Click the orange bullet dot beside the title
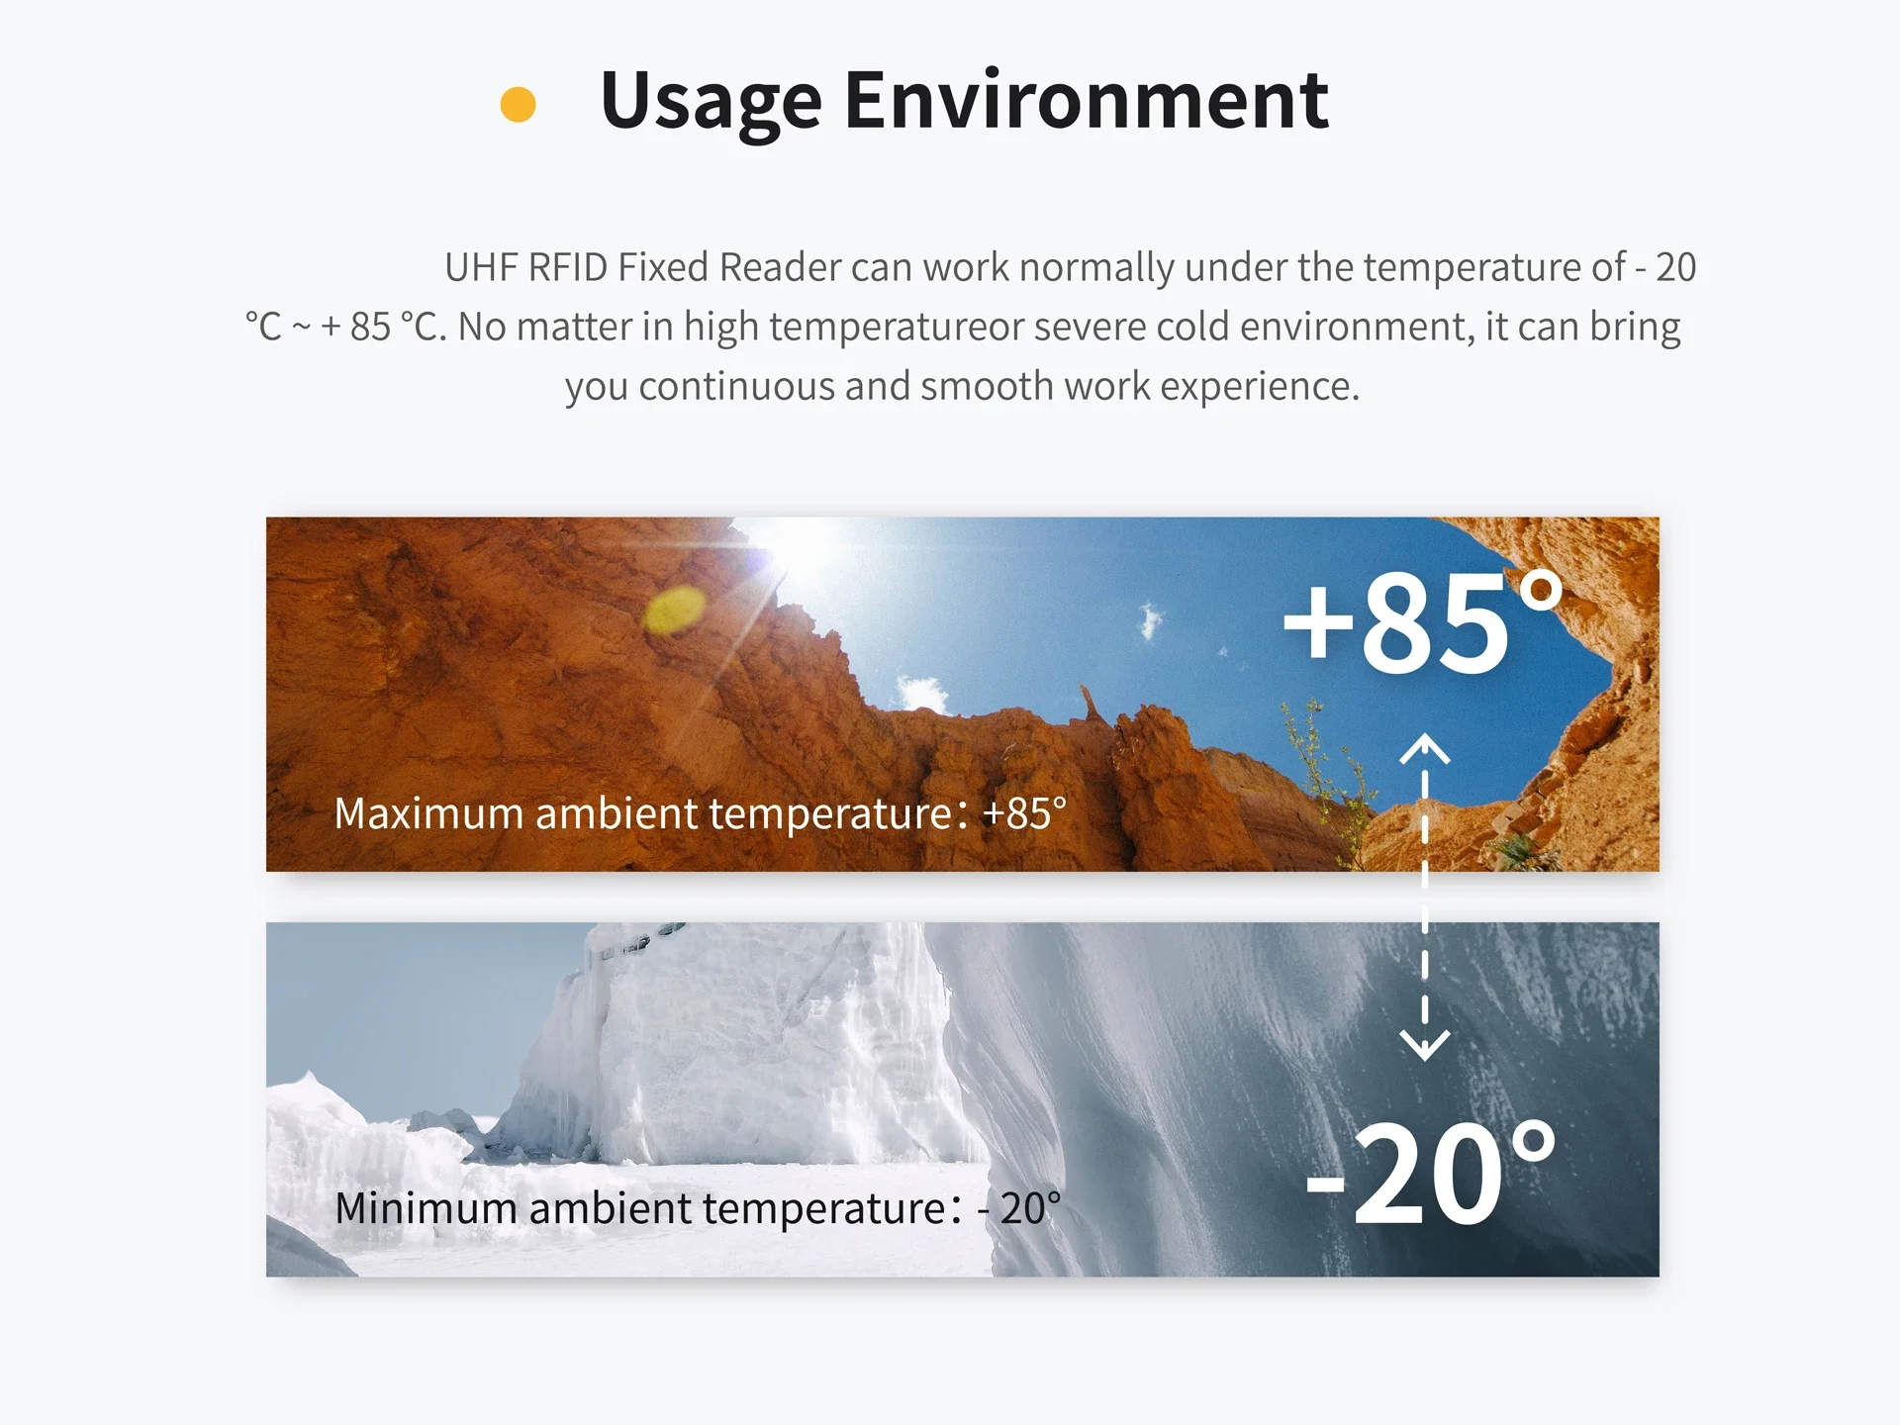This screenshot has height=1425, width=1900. coord(518,104)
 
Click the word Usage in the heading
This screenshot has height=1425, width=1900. coord(711,102)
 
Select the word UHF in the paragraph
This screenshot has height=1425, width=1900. coord(480,267)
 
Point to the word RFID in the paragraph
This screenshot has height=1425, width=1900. coord(567,267)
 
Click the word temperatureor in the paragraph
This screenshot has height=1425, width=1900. coord(896,327)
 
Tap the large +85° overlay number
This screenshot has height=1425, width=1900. coord(1422,622)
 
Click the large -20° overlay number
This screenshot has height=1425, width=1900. coord(1431,1173)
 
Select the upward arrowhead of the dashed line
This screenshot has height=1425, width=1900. coord(1425,749)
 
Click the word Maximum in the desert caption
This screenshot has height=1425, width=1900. coord(429,813)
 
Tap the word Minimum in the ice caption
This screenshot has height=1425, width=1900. coord(426,1208)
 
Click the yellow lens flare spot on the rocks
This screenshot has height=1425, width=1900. coord(675,609)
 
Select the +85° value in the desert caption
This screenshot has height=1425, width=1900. coord(1024,813)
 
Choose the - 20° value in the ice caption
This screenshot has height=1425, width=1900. coord(1019,1208)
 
